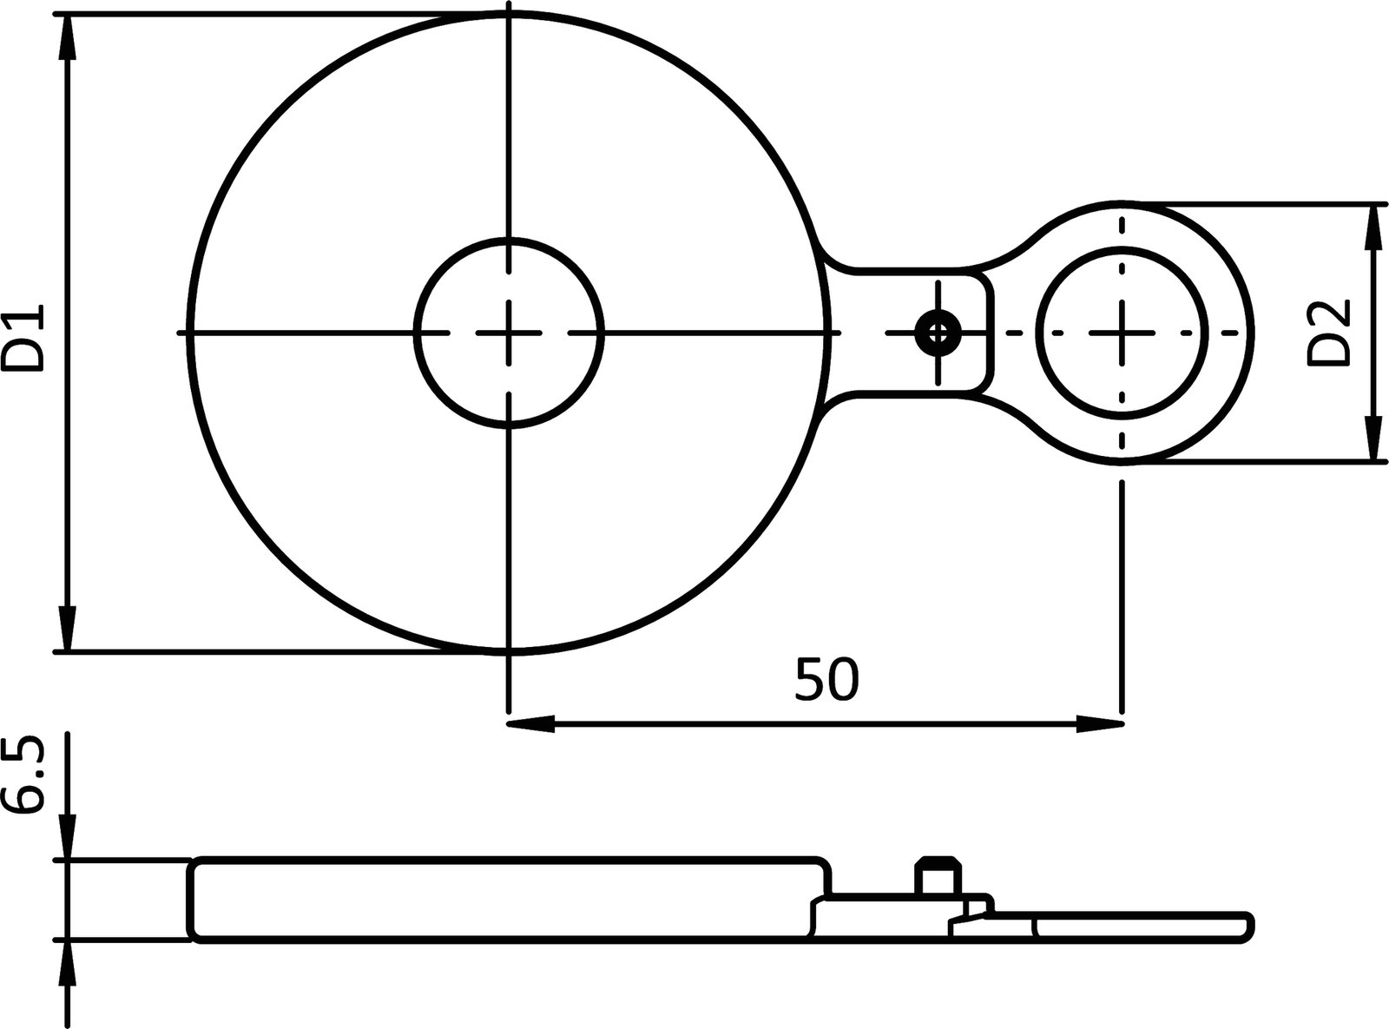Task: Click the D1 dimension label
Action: pyautogui.click(x=23, y=338)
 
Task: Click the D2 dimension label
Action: pyautogui.click(x=1329, y=332)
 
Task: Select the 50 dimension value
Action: pyautogui.click(x=826, y=680)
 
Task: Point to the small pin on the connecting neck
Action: pyautogui.click(x=938, y=331)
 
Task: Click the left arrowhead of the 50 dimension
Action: pyautogui.click(x=530, y=723)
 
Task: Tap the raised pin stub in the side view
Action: pyautogui.click(x=938, y=876)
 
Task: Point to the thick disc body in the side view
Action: pyautogui.click(x=504, y=899)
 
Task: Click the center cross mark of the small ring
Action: pyautogui.click(x=1122, y=332)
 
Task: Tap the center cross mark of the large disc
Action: pyautogui.click(x=510, y=332)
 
